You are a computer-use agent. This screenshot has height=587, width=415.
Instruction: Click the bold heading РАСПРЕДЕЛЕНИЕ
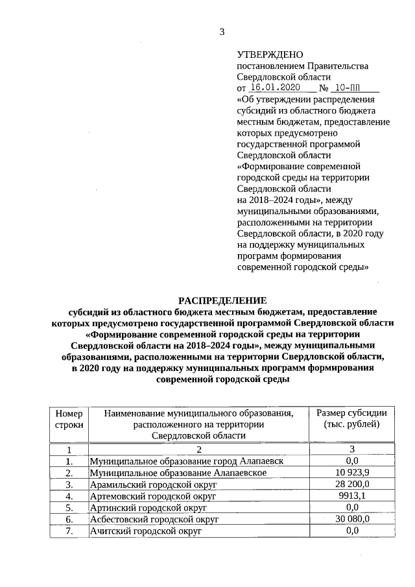coord(222,300)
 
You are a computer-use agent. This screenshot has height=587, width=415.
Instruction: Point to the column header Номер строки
coord(69,419)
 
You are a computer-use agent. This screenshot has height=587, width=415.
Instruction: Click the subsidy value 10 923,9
coord(352,472)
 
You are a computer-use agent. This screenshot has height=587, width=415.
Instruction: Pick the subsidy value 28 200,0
coord(352,484)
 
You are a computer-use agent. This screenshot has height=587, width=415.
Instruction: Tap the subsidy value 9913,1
coord(352,496)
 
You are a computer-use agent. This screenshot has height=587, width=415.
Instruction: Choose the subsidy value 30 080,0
coord(352,519)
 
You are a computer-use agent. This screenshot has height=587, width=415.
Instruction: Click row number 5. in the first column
coord(69,507)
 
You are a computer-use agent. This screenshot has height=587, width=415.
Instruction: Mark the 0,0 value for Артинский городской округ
coord(352,507)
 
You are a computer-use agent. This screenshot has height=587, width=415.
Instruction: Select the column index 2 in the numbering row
coord(199,449)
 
